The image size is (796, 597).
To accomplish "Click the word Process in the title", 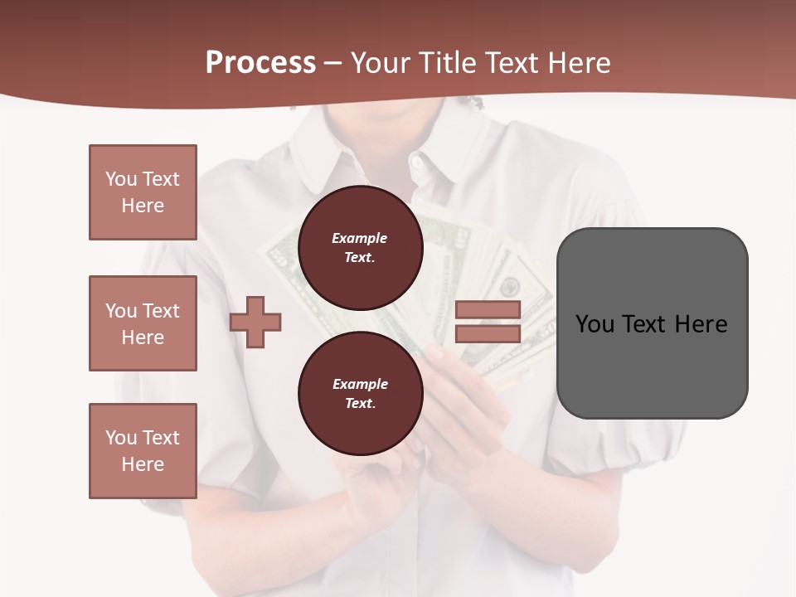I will coord(260,63).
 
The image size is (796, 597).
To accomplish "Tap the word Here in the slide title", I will coord(577,63).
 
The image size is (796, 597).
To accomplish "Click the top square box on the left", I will coord(143,192).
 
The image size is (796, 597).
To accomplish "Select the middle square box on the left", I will coord(143,323).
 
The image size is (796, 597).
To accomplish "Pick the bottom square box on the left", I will coord(143,451).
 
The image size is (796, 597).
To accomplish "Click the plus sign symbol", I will coord(255,322).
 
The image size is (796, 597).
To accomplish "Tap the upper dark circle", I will coord(360,248).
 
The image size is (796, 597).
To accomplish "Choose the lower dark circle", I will coord(360,394).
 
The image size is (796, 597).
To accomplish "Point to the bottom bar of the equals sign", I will coord(488,333).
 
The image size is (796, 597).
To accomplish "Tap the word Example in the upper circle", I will coord(360,238).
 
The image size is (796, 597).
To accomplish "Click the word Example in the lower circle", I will coord(360,384).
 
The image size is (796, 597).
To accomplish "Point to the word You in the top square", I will coord(120,179).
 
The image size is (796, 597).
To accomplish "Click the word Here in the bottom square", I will coord(143,464).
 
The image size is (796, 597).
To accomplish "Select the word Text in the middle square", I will coord(160,311).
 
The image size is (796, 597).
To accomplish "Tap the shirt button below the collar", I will coord(416,161).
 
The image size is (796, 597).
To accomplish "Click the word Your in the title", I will coord(377,63).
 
